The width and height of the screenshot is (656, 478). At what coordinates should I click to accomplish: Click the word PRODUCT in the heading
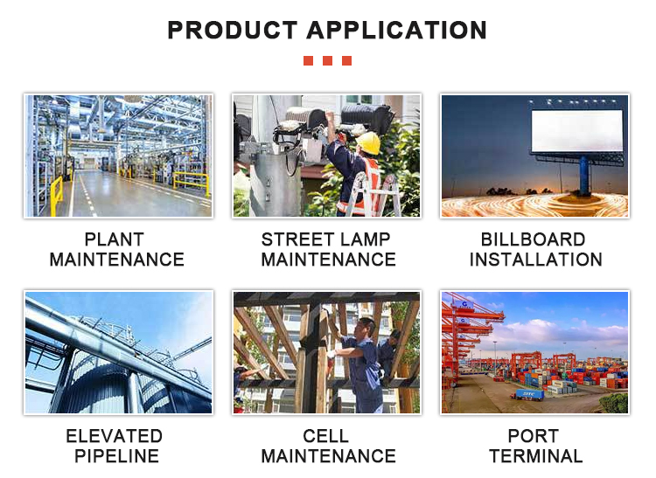tap(232, 30)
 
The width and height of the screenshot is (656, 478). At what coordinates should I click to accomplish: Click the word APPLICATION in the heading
tap(396, 30)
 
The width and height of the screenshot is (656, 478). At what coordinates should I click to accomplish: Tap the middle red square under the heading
tap(328, 60)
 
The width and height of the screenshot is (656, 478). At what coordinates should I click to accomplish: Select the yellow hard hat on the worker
tap(368, 142)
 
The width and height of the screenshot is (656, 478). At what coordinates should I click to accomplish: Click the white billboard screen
tap(577, 131)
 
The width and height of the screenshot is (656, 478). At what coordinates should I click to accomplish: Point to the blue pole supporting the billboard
tap(584, 176)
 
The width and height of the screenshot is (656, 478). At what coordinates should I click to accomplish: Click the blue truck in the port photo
tap(529, 394)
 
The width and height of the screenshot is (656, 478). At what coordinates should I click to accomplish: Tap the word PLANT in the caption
tap(115, 239)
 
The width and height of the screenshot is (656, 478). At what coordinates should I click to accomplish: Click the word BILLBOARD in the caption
tap(533, 239)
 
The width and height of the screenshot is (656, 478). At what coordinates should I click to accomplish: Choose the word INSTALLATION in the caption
tap(536, 260)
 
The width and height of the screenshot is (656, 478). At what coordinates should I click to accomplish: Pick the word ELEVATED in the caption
tap(115, 436)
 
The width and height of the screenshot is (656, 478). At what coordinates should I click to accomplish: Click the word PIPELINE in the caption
tap(116, 456)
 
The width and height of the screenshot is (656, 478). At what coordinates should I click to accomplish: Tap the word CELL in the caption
tap(325, 436)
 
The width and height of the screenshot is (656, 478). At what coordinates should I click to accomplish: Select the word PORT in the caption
tap(534, 436)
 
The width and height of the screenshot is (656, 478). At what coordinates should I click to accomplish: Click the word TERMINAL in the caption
tap(536, 456)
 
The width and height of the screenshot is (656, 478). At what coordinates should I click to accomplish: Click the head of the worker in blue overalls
tap(366, 328)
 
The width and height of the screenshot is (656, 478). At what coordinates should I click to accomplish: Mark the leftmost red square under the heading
tap(309, 60)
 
